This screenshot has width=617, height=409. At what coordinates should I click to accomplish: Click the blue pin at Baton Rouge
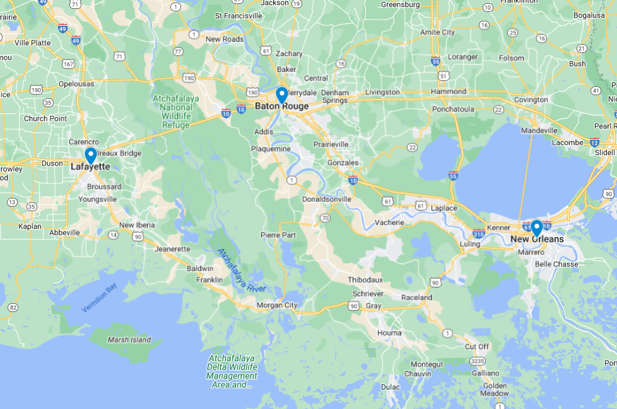(x=282, y=95)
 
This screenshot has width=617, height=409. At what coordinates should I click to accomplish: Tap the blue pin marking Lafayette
(x=90, y=155)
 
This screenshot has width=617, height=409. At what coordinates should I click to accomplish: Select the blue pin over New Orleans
(x=537, y=227)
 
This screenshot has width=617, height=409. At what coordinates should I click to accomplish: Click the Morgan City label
(x=277, y=306)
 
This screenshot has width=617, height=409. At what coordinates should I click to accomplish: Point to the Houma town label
(x=389, y=333)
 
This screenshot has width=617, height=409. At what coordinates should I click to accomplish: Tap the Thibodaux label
(x=365, y=280)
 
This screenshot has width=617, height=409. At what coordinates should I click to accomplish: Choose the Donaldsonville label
(x=327, y=199)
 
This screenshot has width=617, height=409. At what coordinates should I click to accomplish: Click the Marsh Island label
(x=129, y=340)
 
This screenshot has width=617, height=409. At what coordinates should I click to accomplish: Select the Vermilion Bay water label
(x=100, y=298)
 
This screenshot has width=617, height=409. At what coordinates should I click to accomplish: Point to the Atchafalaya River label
(x=242, y=270)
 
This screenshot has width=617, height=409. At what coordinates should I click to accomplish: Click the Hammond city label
(x=449, y=91)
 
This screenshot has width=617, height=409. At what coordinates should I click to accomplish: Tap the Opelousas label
(x=76, y=84)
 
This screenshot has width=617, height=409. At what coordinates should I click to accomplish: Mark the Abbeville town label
(x=65, y=233)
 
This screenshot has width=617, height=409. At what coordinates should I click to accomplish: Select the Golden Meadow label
(x=495, y=389)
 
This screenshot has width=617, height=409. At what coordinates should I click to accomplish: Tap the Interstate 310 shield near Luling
(x=478, y=234)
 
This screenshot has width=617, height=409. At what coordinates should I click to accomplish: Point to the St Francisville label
(x=238, y=15)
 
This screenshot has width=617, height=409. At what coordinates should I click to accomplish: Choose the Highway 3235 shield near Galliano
(x=478, y=361)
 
